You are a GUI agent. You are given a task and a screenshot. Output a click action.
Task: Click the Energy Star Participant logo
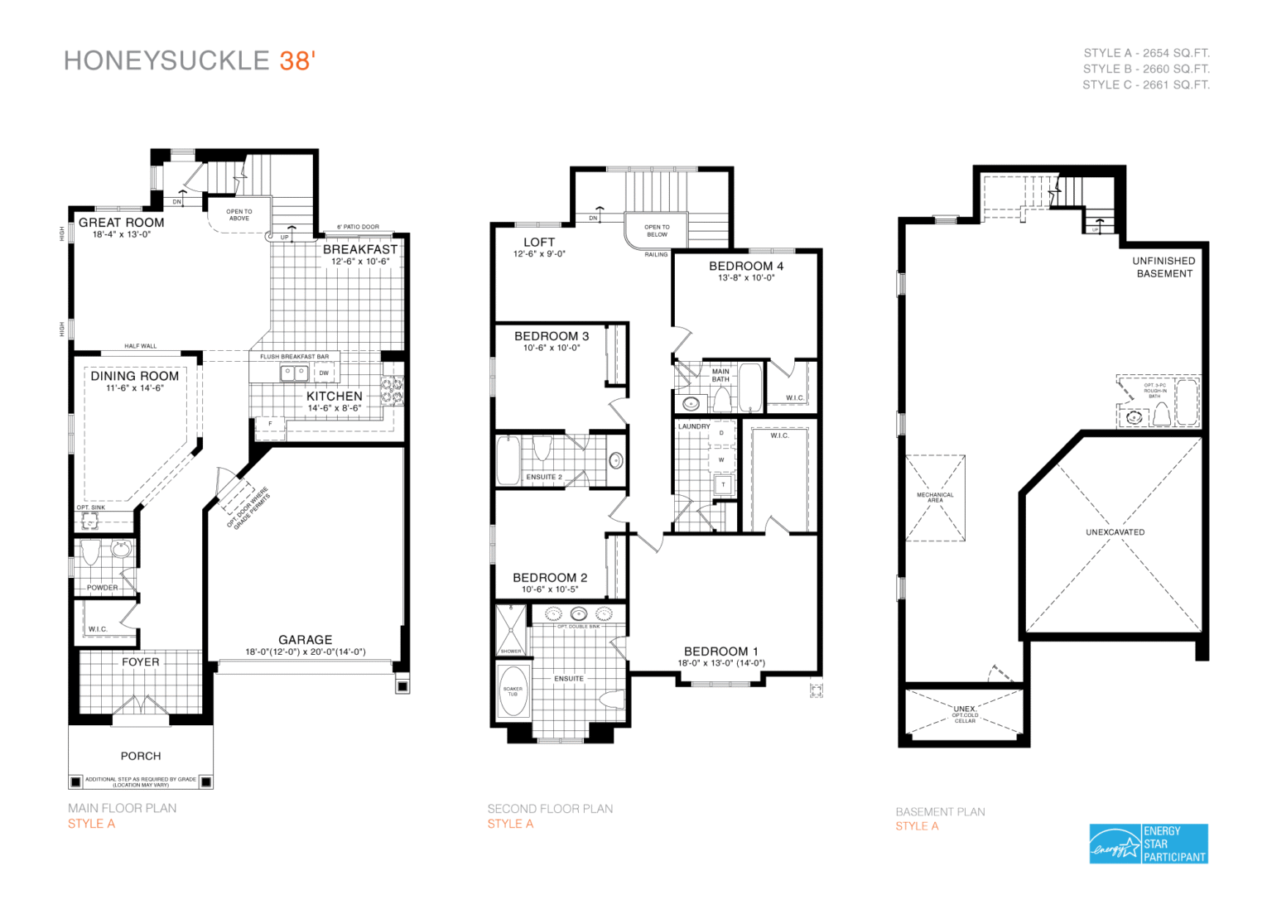point(1149,844)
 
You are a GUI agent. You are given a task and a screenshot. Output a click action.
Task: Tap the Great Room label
point(122,222)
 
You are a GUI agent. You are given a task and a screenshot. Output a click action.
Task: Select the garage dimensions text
point(305,652)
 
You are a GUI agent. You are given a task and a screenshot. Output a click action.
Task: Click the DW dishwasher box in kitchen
point(324,373)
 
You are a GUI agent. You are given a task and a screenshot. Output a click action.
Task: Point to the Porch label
point(141,756)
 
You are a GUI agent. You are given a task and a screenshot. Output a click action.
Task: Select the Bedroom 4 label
point(745,266)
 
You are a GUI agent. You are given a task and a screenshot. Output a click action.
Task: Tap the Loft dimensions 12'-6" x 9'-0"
point(539,254)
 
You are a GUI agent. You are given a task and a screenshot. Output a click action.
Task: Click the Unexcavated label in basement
point(1115,532)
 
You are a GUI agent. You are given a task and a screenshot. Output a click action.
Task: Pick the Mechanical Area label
point(935,498)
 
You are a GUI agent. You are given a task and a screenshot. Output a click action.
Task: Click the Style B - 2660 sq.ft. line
point(1146,69)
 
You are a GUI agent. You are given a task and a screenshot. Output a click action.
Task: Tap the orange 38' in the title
point(297,61)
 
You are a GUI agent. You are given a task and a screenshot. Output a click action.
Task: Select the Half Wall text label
point(140,346)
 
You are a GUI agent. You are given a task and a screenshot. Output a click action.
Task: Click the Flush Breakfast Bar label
point(294,357)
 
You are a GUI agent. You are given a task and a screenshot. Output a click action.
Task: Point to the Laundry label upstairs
point(694,426)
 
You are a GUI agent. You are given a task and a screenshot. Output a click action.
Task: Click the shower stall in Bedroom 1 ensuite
point(510,629)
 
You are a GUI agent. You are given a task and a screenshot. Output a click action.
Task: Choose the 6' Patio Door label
point(358,227)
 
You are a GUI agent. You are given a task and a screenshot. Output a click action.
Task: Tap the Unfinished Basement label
point(1164,267)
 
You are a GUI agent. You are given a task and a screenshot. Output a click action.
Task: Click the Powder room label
point(102,588)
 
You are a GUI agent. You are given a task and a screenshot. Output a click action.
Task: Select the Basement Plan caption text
point(940,812)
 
